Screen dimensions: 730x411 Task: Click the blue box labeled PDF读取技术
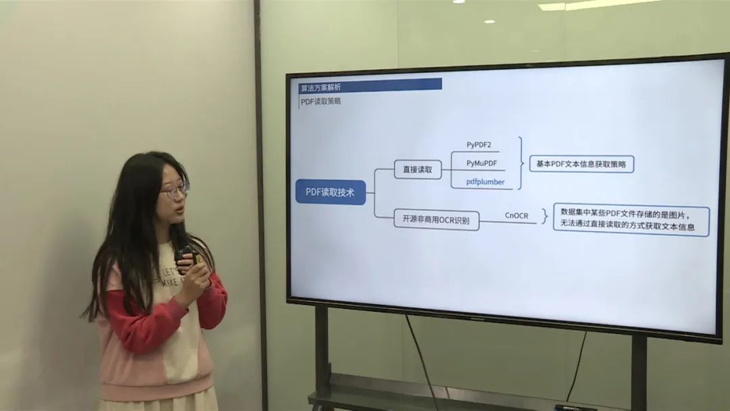(331, 192)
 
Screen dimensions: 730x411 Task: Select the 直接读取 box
(418, 170)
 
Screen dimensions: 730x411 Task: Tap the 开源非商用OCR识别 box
(437, 220)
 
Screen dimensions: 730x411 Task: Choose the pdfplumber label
(485, 182)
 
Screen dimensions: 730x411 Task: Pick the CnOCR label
(516, 215)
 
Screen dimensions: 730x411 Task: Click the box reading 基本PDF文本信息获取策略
(581, 164)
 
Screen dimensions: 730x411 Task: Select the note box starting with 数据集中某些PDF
(631, 220)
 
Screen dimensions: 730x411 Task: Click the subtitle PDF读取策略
(320, 101)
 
